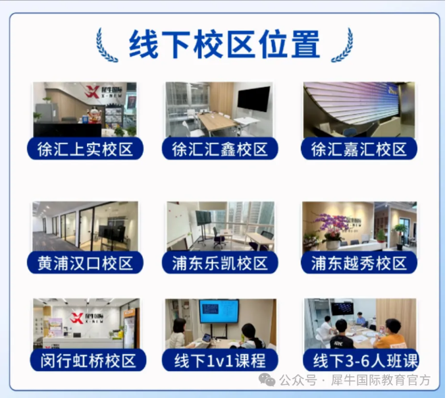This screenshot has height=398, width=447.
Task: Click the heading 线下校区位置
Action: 224,45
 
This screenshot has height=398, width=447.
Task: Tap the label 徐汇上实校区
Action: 85,149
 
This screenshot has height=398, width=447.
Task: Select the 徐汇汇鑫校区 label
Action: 220,149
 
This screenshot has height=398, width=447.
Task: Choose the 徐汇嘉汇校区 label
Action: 359,149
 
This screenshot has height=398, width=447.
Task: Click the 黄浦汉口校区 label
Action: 85,263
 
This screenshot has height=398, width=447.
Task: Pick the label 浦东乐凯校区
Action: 220,263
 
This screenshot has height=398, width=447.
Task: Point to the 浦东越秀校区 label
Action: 359,263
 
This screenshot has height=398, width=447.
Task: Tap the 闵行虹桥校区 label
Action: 88,360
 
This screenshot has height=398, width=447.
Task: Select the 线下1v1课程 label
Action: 220,360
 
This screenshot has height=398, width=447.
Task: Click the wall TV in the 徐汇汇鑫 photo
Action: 254,99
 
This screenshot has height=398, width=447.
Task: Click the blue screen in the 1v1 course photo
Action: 219,311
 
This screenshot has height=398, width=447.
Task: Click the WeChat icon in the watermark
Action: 267,380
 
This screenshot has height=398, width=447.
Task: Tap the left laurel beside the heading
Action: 107,45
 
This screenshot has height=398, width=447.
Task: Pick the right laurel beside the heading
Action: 342,45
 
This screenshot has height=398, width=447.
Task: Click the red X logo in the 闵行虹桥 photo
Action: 77,318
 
